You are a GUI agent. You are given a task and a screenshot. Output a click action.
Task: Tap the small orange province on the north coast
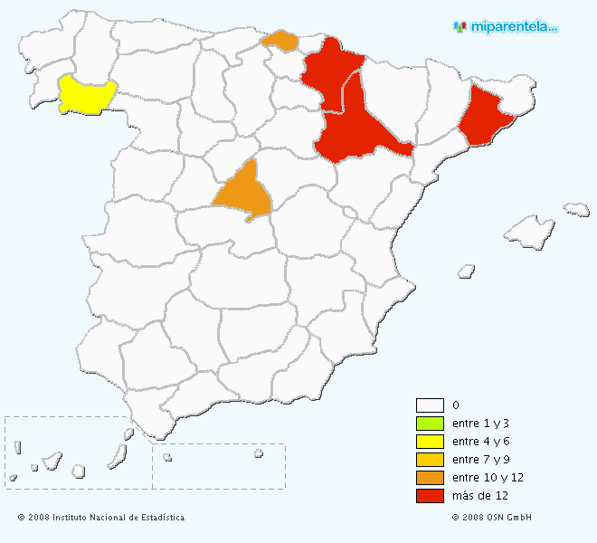[x=280, y=41]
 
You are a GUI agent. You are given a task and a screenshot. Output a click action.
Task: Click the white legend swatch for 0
[x=430, y=405]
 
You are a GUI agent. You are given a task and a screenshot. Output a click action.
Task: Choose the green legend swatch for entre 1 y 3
[x=430, y=424]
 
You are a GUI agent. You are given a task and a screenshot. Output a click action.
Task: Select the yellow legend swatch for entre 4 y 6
[x=430, y=442]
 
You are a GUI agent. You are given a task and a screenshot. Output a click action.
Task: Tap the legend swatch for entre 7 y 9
[x=430, y=460]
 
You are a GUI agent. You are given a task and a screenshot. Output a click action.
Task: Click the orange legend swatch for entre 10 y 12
[x=430, y=478]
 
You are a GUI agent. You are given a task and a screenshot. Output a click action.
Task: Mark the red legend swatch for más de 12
[x=430, y=496]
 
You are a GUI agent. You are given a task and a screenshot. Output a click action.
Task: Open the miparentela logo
[x=507, y=27]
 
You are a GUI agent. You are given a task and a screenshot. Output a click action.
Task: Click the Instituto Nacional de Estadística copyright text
[x=101, y=518]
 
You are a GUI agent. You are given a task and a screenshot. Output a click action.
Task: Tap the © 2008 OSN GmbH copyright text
[x=492, y=518]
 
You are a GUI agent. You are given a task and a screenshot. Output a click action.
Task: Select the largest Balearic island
[x=530, y=232]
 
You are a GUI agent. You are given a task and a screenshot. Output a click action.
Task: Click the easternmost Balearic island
[x=577, y=210]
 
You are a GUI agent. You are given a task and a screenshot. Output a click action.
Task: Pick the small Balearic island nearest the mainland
[x=467, y=270]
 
